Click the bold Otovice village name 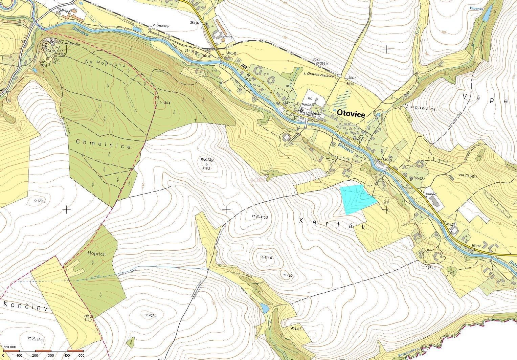(x=350, y=115)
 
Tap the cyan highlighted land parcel (x=357, y=199)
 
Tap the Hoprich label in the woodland (x=96, y=254)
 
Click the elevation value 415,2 (x=264, y=217)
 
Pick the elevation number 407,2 (x=153, y=316)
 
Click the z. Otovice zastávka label (x=319, y=76)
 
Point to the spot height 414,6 (x=269, y=257)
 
